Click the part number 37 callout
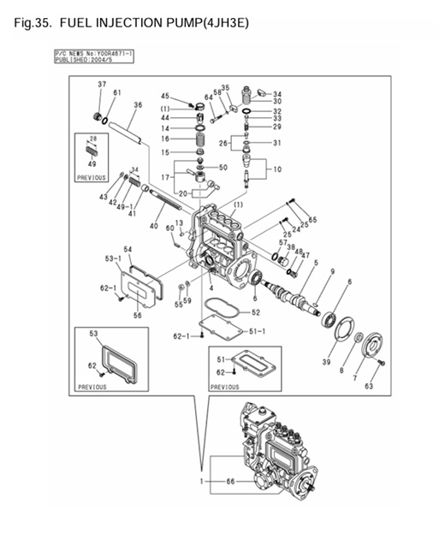click(102, 85)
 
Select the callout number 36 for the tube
click(137, 104)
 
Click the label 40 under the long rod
click(153, 226)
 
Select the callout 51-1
click(257, 329)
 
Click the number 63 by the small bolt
click(369, 386)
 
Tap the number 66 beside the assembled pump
click(230, 483)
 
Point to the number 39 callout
click(325, 363)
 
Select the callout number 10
click(276, 169)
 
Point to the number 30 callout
click(276, 102)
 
